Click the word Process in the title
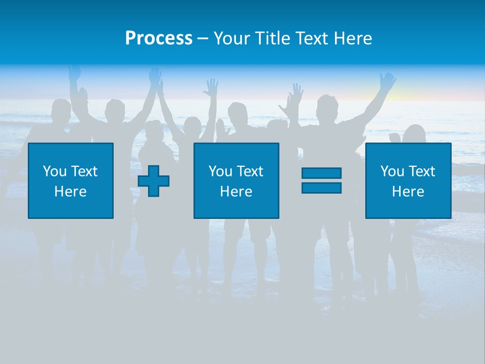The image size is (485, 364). point(159,38)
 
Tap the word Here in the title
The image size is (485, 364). point(353,38)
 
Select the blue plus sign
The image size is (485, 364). point(154,181)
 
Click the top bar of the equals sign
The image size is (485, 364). point(321,173)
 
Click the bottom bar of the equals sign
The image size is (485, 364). point(321,188)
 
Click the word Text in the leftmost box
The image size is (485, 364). point(84,171)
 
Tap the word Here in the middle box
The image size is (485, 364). point(236,192)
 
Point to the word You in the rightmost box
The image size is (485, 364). point(392,171)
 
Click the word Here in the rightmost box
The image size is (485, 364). point(408,192)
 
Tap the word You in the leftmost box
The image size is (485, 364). point(55,171)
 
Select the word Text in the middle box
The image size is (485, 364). point(250,171)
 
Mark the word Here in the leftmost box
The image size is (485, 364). point(71,192)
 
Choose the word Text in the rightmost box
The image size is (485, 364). point(421,171)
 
